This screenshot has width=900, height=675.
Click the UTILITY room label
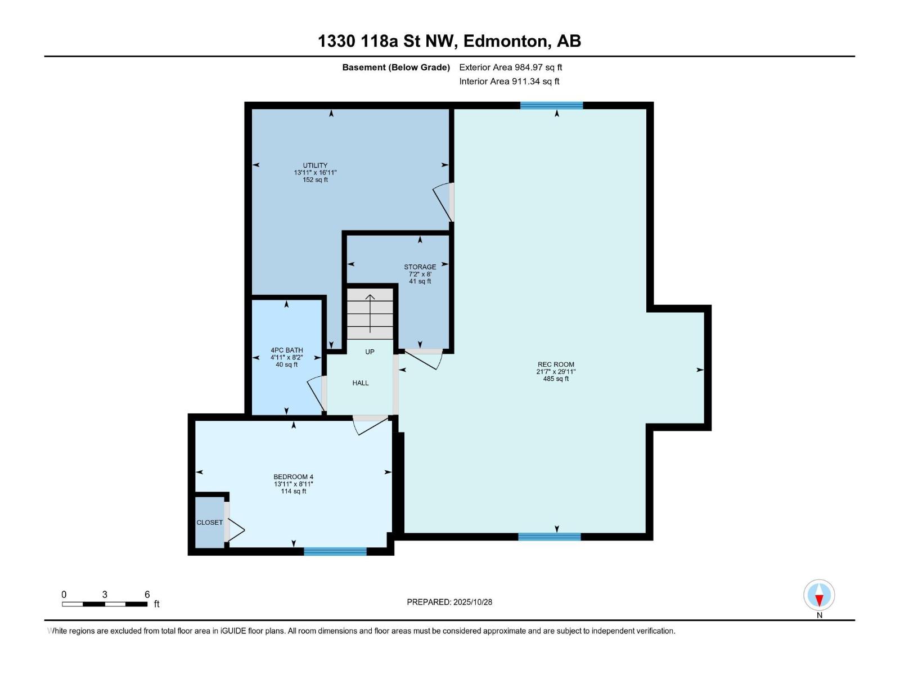[315, 165]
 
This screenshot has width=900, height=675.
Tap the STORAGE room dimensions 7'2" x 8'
[420, 274]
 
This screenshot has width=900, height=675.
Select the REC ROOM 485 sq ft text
[556, 379]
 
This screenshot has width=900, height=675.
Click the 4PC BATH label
[287, 350]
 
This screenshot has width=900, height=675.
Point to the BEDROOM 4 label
[293, 477]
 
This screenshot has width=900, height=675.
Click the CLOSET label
[209, 523]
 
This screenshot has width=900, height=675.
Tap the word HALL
[361, 383]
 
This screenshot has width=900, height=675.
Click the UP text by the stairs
[370, 352]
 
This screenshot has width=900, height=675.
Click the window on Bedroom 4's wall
[335, 551]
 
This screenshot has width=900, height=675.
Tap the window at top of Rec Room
[551, 105]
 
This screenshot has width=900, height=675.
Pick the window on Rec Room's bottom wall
[549, 537]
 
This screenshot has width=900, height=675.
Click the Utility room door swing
[443, 202]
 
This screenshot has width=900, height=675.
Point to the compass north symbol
[819, 595]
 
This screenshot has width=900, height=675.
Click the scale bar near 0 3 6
[105, 604]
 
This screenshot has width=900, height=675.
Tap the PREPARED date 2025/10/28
[449, 602]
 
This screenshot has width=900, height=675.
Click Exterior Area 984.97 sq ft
[511, 67]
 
